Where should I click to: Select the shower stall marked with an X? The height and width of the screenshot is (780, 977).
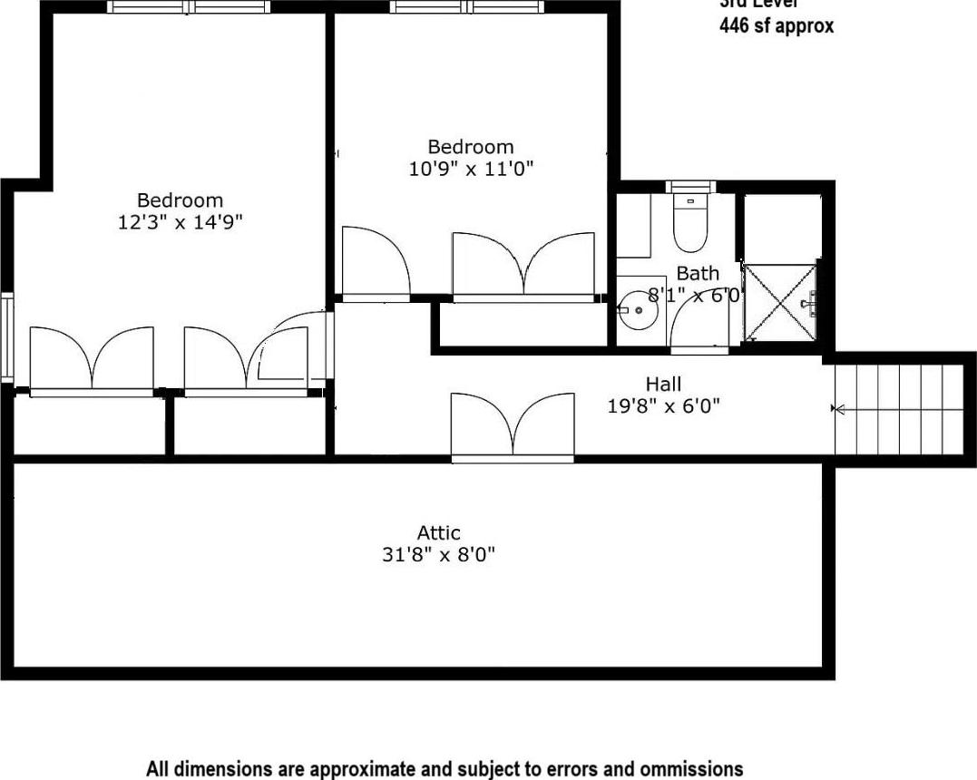click(x=779, y=303)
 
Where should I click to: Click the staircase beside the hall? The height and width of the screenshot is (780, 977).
click(x=898, y=410)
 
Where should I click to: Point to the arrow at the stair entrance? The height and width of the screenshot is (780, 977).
click(x=838, y=410)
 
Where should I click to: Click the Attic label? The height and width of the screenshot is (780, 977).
click(x=438, y=533)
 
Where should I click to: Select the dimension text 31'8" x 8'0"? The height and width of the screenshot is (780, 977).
click(x=438, y=555)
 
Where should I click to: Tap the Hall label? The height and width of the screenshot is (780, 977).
click(x=663, y=385)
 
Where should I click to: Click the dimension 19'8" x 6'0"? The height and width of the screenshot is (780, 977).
click(x=663, y=406)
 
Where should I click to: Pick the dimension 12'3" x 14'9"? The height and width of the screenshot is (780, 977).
click(x=180, y=221)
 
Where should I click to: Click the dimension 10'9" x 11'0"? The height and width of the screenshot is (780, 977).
click(x=471, y=168)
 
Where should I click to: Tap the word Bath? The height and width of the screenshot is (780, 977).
click(x=698, y=273)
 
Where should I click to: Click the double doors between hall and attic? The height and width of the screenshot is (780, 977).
click(x=513, y=426)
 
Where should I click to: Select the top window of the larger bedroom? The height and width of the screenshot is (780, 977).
click(x=189, y=7)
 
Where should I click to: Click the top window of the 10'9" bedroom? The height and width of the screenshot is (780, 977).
click(x=467, y=7)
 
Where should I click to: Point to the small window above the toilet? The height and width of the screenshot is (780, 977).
click(x=690, y=187)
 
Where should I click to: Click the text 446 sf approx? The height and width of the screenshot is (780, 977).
click(x=776, y=26)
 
